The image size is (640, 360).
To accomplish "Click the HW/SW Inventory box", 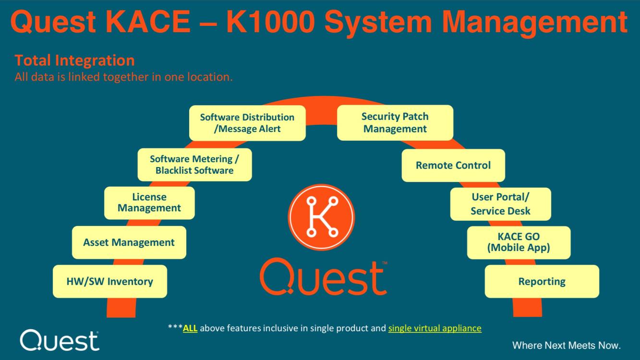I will pos(109,281).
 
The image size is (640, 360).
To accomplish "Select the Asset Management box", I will pos(129,242).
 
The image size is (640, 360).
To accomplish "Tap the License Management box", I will pos(149,203).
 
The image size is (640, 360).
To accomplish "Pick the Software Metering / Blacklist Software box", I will pos(194,165).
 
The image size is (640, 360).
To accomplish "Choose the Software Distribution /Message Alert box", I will pos(247,123).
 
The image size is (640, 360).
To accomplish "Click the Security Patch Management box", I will pos(395,122).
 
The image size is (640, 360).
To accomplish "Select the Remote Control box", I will pos(453,165).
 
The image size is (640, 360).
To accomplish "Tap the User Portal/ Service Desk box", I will pos(500,204).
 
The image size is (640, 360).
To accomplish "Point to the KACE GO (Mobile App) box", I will pos(519,242).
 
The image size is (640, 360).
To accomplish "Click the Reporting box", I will pos(542,281).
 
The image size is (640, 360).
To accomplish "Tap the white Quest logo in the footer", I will pos(60,340).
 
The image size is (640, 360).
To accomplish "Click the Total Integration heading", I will pos(74,60).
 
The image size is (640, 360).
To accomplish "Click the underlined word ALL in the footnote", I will pos(190,328).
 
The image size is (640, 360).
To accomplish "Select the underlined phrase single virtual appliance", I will pos(435,328).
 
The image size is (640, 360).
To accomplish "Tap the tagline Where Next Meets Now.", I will pos(567,345).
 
